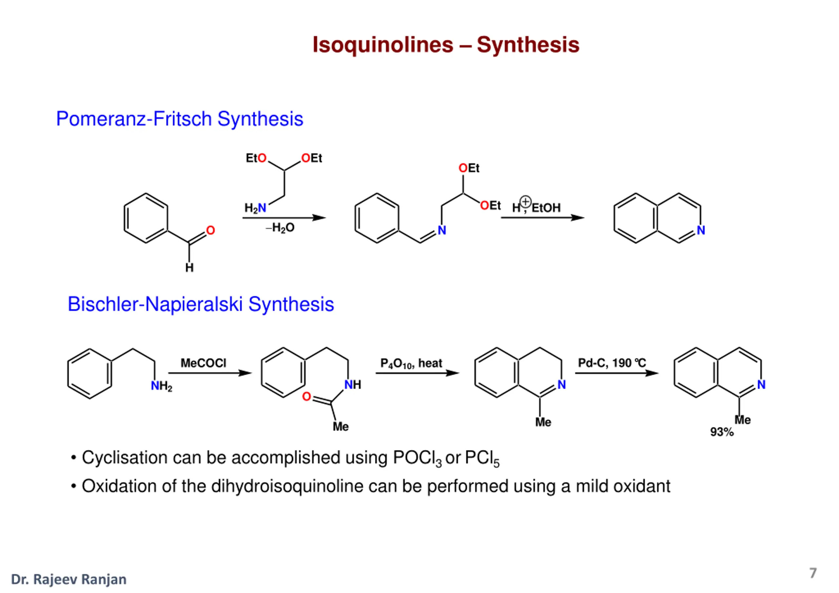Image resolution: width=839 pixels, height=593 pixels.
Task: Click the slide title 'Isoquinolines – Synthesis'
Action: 446,45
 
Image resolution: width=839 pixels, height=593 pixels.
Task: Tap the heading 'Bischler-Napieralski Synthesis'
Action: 201,304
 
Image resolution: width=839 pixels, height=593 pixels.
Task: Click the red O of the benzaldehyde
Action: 210,230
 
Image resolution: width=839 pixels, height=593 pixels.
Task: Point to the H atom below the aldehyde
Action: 189,268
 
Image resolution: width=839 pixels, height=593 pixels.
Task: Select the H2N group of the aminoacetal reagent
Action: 255,208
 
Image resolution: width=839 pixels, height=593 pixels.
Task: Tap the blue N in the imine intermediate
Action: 442,230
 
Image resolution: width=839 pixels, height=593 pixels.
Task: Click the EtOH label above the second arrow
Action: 546,208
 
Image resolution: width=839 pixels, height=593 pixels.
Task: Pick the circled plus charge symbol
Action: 525,201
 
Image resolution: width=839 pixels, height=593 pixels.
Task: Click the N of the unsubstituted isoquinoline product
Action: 701,230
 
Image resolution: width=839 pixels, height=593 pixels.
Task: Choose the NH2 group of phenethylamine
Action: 162,386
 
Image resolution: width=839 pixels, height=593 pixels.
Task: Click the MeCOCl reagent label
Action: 204,363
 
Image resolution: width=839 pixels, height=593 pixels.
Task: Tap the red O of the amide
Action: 306,397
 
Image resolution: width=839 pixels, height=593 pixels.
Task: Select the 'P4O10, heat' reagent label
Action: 411,363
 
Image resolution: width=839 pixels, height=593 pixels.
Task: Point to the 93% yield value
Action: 722,432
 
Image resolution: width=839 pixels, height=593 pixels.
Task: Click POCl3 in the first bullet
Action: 417,459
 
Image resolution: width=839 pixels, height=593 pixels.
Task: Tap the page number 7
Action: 813,573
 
